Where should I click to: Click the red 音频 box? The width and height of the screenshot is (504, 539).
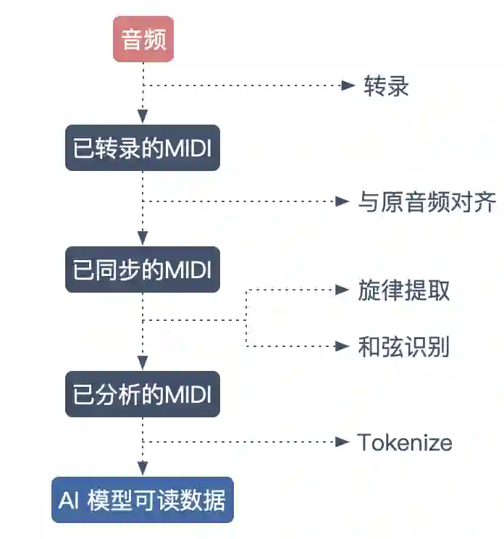point(143,39)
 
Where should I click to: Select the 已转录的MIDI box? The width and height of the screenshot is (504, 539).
point(143,148)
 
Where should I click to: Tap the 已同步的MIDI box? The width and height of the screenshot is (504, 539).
point(143,270)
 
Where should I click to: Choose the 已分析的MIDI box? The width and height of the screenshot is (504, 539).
point(143,394)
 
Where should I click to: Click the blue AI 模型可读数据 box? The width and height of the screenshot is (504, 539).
point(143,500)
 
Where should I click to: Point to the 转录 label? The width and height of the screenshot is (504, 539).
point(386,86)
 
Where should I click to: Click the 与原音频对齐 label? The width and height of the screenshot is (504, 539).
point(427,202)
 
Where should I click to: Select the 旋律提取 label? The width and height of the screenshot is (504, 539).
point(403,291)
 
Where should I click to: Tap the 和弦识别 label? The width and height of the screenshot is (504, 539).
point(403,347)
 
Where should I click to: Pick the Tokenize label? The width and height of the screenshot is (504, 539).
point(405,442)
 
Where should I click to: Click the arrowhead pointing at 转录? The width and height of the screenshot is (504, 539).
point(345,85)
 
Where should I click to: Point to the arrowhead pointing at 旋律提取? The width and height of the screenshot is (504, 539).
point(343,291)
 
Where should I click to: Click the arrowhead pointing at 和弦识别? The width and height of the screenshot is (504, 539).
point(343,346)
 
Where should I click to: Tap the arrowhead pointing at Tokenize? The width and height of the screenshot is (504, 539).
point(343,442)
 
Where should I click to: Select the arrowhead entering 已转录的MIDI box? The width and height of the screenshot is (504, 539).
point(143,117)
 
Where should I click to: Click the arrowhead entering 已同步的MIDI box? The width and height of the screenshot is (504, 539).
point(143,238)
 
